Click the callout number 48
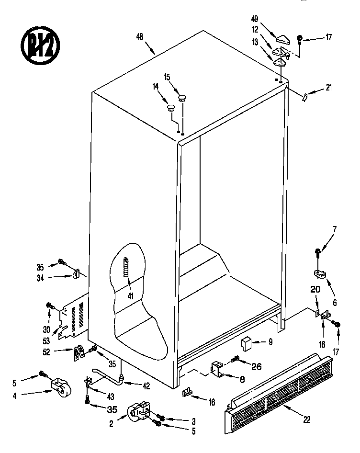click(140, 36)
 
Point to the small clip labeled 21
click(304, 97)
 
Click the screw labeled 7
click(317, 251)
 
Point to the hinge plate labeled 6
click(320, 273)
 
